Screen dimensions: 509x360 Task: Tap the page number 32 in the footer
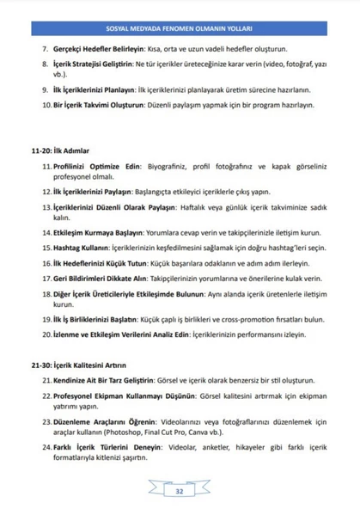(180, 491)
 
